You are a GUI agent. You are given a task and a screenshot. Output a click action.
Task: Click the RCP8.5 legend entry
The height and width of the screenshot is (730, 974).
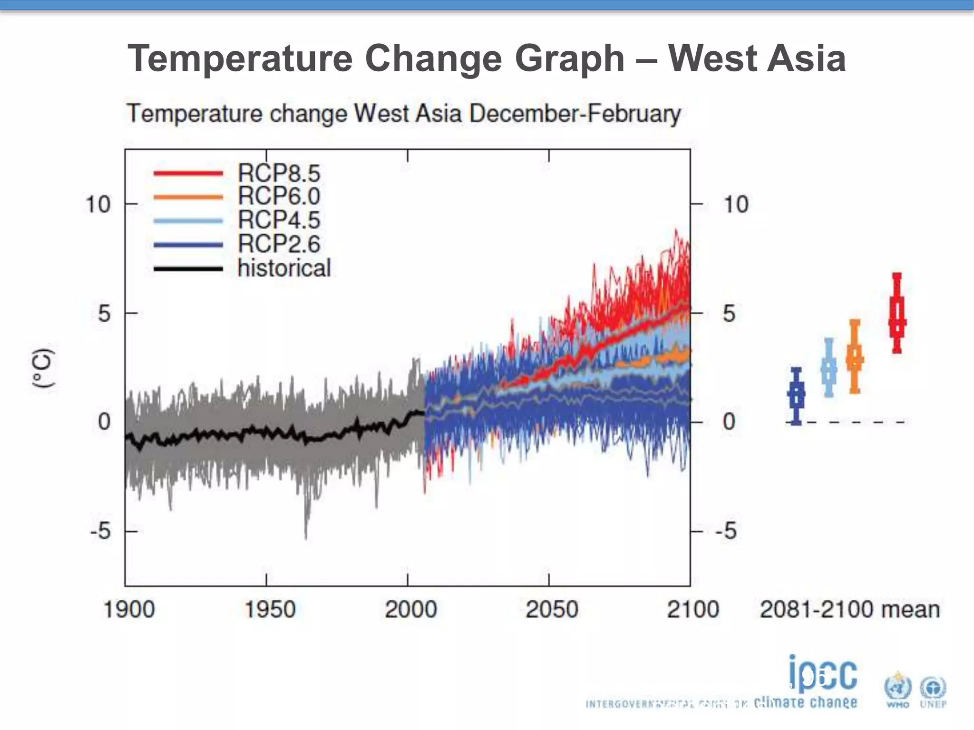click(x=279, y=173)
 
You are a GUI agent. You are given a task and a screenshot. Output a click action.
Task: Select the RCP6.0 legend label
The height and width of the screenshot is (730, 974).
click(x=279, y=196)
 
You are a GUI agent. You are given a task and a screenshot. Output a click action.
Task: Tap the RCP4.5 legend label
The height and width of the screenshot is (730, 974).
click(x=279, y=220)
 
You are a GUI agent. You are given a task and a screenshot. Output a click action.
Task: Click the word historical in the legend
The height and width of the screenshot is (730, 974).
click(x=284, y=268)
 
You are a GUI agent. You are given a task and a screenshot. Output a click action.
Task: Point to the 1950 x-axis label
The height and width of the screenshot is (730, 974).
click(x=270, y=609)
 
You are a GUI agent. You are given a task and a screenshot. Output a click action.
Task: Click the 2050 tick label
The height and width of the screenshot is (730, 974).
click(x=552, y=609)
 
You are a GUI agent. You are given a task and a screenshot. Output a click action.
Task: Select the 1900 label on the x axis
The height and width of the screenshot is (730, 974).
click(x=129, y=609)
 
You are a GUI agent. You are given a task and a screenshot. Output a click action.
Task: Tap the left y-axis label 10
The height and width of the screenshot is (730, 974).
click(x=97, y=205)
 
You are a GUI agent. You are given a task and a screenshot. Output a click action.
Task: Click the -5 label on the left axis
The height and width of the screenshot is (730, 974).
click(x=100, y=531)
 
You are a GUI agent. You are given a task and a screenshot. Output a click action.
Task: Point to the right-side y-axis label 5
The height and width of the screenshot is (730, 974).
click(x=729, y=314)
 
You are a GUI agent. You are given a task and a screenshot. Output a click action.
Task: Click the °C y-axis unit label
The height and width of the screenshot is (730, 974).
click(x=43, y=368)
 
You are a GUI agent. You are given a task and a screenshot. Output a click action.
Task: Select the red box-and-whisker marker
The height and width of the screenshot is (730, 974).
click(x=897, y=314)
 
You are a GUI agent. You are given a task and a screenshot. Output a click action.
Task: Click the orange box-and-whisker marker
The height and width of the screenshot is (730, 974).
click(x=855, y=356)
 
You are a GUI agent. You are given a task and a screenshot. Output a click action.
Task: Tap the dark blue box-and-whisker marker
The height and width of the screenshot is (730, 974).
click(x=796, y=395)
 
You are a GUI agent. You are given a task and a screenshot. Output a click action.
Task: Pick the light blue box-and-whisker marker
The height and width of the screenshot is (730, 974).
click(x=828, y=367)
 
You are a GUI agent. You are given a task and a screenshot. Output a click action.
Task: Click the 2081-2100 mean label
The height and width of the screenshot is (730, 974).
click(x=849, y=609)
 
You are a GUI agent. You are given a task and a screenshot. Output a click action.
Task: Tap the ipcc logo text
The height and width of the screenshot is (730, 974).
click(x=823, y=674)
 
